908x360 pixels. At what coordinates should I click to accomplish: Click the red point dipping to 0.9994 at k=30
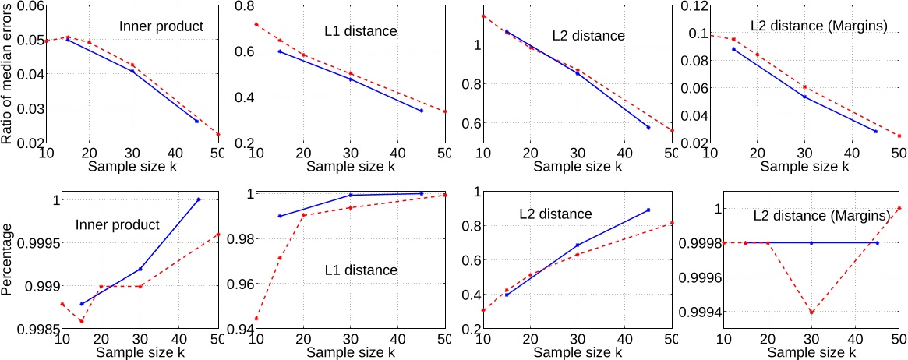tap(811, 312)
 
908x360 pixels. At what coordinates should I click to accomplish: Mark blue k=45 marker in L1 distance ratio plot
tap(422, 111)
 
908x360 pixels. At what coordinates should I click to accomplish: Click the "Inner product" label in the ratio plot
tap(161, 26)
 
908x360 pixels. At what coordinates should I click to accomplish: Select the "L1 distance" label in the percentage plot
tap(361, 270)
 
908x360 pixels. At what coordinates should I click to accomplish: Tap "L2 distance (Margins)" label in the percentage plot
tap(821, 216)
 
